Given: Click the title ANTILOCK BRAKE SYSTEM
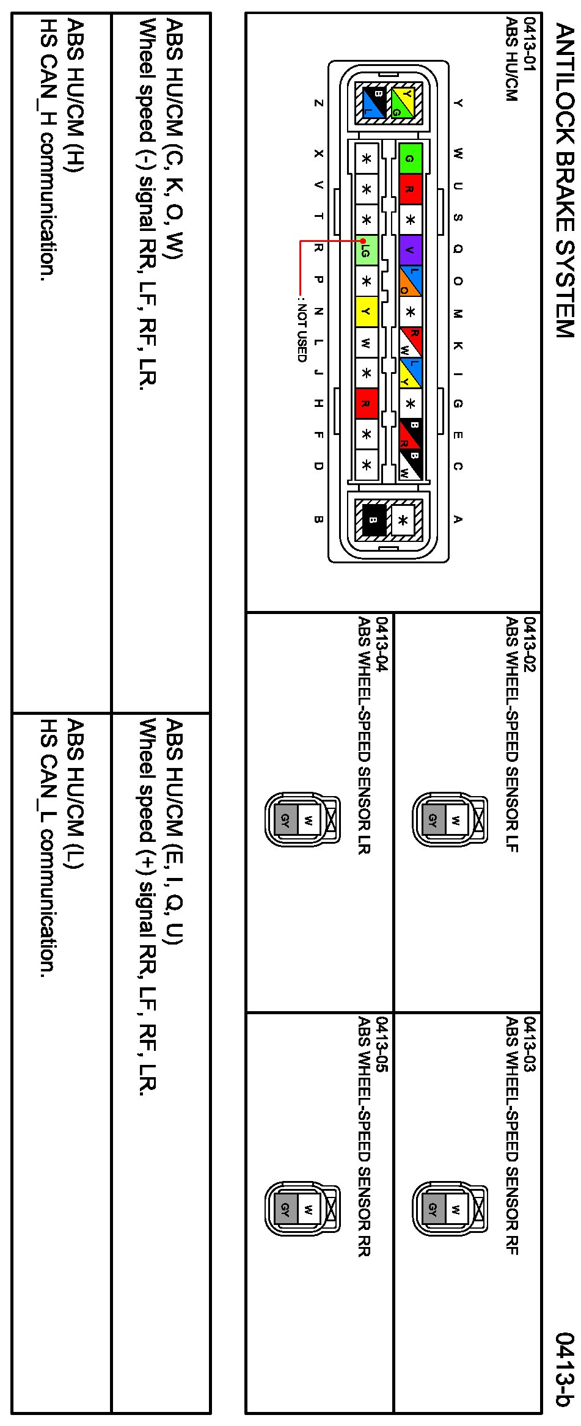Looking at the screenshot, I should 565,180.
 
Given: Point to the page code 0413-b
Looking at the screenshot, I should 565,1369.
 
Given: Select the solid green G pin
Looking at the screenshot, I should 410,158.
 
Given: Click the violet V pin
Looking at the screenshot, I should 410,250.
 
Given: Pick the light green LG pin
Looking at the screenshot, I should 366,250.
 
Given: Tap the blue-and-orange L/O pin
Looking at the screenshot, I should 410,281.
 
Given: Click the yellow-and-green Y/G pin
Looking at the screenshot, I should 403,102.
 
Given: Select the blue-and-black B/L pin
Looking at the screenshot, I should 372,102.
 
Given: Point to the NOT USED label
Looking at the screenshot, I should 301,329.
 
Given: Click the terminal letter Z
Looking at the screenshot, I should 318,103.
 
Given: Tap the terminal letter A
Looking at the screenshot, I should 458,519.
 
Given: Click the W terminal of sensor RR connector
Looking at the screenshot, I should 309,1209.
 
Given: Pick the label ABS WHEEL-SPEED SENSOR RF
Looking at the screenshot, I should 512,1136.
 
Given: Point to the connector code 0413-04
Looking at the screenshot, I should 382,645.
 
